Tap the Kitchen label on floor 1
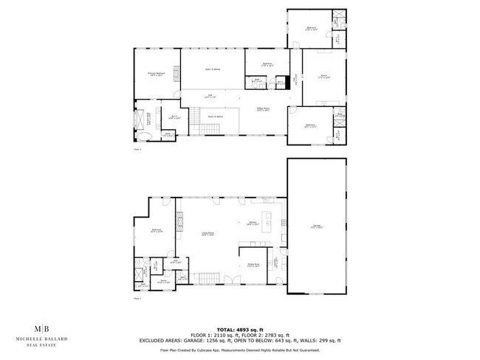coord(253,223)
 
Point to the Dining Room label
coord(253,265)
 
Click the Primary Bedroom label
coord(155,74)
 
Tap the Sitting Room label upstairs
coord(262,109)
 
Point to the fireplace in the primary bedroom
coord(177,74)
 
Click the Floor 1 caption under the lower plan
coord(137,299)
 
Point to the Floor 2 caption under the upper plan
coord(137,149)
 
